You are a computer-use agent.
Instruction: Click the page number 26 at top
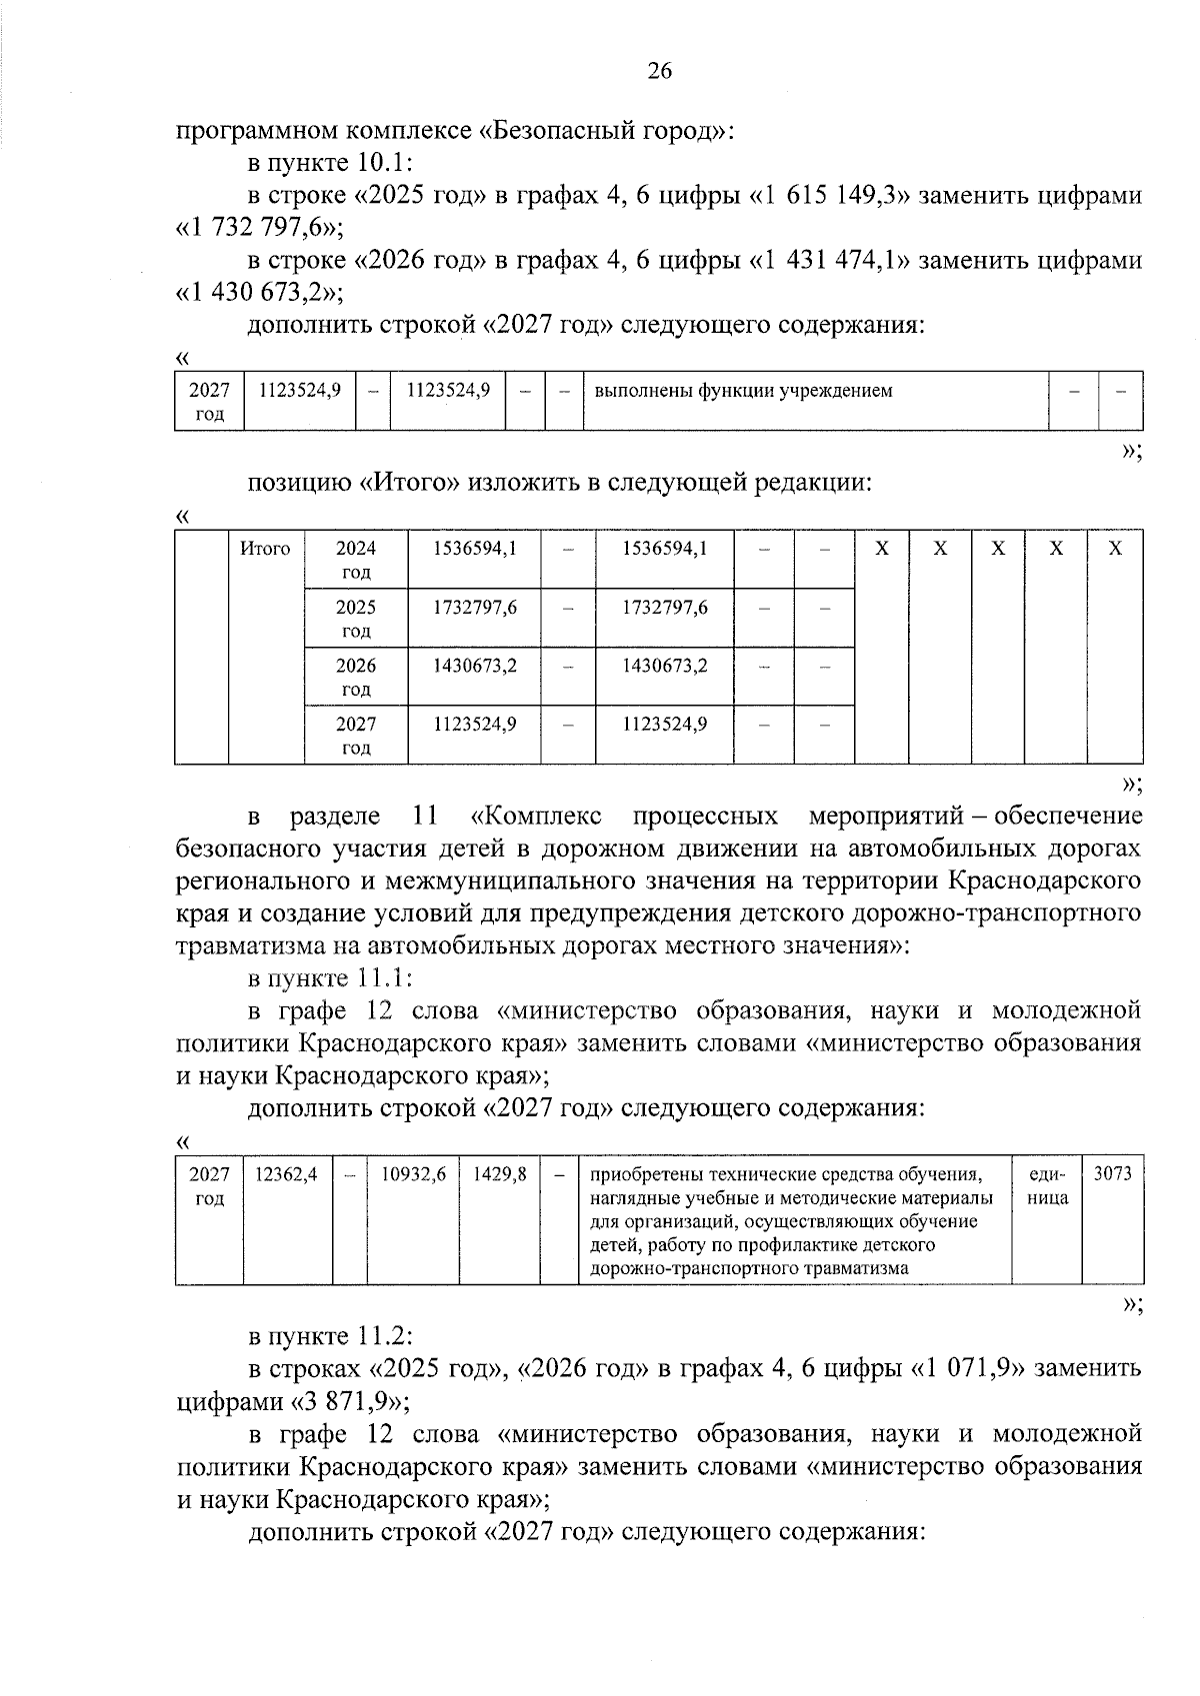[x=660, y=70]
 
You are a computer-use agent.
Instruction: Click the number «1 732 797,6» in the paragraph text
[x=259, y=228]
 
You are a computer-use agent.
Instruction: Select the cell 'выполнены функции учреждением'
[x=743, y=391]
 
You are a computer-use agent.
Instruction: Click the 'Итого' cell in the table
[x=265, y=549]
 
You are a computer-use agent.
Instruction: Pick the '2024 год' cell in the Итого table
[x=356, y=560]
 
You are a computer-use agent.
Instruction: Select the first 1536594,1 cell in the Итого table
[x=474, y=549]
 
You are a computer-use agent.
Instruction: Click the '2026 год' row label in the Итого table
[x=356, y=677]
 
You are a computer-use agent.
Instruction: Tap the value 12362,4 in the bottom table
[x=286, y=1174]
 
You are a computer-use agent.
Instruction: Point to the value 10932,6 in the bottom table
[x=413, y=1174]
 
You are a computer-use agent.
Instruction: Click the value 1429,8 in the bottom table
[x=500, y=1174]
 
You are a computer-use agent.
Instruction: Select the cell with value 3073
[x=1112, y=1174]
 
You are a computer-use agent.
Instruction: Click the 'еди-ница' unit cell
[x=1047, y=1185]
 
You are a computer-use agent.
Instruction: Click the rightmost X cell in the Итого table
[x=1116, y=549]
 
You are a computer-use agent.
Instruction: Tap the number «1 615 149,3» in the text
[x=830, y=196]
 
